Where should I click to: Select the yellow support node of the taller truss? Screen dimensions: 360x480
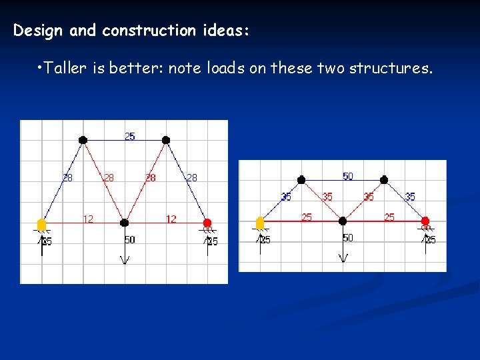(x=41, y=223)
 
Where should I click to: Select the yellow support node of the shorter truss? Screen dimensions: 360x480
(x=260, y=221)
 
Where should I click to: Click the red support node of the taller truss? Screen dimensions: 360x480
(x=207, y=223)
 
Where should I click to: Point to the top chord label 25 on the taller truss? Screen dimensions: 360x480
(x=129, y=136)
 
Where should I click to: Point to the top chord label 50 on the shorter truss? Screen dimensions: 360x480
(x=347, y=176)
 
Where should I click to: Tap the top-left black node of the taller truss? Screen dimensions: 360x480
(x=83, y=140)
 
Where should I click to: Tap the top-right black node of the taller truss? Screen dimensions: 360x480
(x=166, y=140)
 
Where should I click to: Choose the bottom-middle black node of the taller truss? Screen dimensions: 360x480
(x=124, y=223)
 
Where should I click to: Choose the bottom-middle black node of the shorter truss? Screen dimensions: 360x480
(x=343, y=221)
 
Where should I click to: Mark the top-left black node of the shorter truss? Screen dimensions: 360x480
(x=301, y=179)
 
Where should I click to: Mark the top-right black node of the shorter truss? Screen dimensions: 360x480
(x=384, y=179)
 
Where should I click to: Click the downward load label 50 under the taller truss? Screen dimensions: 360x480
(x=129, y=239)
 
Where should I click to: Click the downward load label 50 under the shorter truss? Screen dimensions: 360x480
(x=348, y=238)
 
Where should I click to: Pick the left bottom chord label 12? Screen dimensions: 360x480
(x=87, y=218)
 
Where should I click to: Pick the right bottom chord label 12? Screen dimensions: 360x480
(x=171, y=218)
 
